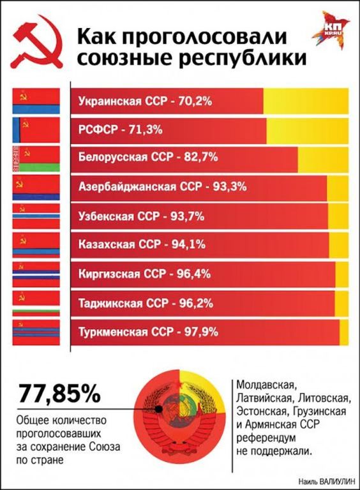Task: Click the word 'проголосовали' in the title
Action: pos(182,36)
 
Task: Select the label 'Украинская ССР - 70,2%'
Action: pos(144,101)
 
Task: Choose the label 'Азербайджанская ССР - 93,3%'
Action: pos(162,187)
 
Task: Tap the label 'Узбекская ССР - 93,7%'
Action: pos(140,216)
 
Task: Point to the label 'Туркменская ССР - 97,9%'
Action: pos(148,332)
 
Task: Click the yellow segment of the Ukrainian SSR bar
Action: pos(305,101)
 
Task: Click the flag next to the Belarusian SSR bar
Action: pos(36,158)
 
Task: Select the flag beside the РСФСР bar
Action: pos(36,130)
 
